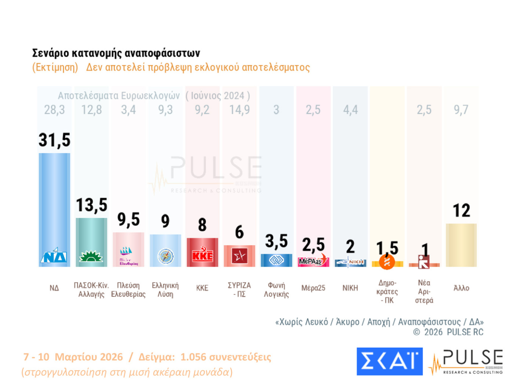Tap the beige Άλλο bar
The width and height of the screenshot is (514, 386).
click(461, 245)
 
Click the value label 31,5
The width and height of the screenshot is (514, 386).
click(54, 140)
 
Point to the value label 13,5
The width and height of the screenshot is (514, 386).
click(91, 205)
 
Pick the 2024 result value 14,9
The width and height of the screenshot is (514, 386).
click(240, 110)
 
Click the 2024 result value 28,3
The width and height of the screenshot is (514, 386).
click(54, 110)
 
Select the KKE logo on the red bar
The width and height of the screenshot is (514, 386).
click(203, 255)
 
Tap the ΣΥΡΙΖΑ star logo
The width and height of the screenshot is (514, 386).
click(240, 256)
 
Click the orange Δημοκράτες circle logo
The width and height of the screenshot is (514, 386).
click(387, 261)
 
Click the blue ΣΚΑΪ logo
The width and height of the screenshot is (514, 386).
click(390, 361)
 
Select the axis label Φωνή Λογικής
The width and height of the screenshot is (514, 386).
click(276, 290)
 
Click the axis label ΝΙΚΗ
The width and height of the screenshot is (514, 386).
click(350, 288)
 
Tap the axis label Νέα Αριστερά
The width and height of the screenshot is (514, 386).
click(424, 291)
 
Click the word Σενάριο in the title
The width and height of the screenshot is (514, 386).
click(50, 53)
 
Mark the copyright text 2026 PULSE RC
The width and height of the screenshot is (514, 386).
click(454, 332)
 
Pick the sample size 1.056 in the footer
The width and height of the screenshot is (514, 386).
click(193, 357)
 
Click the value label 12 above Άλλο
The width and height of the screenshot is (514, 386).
click(461, 211)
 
